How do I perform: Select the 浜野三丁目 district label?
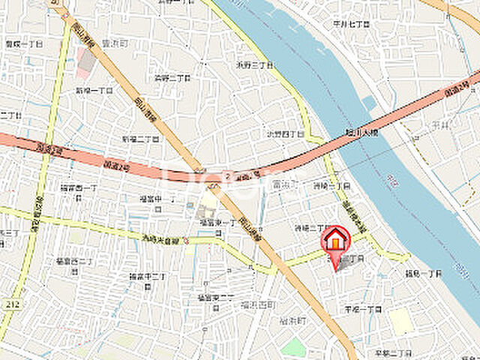(x=253, y=64)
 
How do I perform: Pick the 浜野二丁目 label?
(x=170, y=76)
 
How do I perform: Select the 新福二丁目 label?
(x=139, y=139)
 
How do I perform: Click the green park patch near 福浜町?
(x=294, y=346)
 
